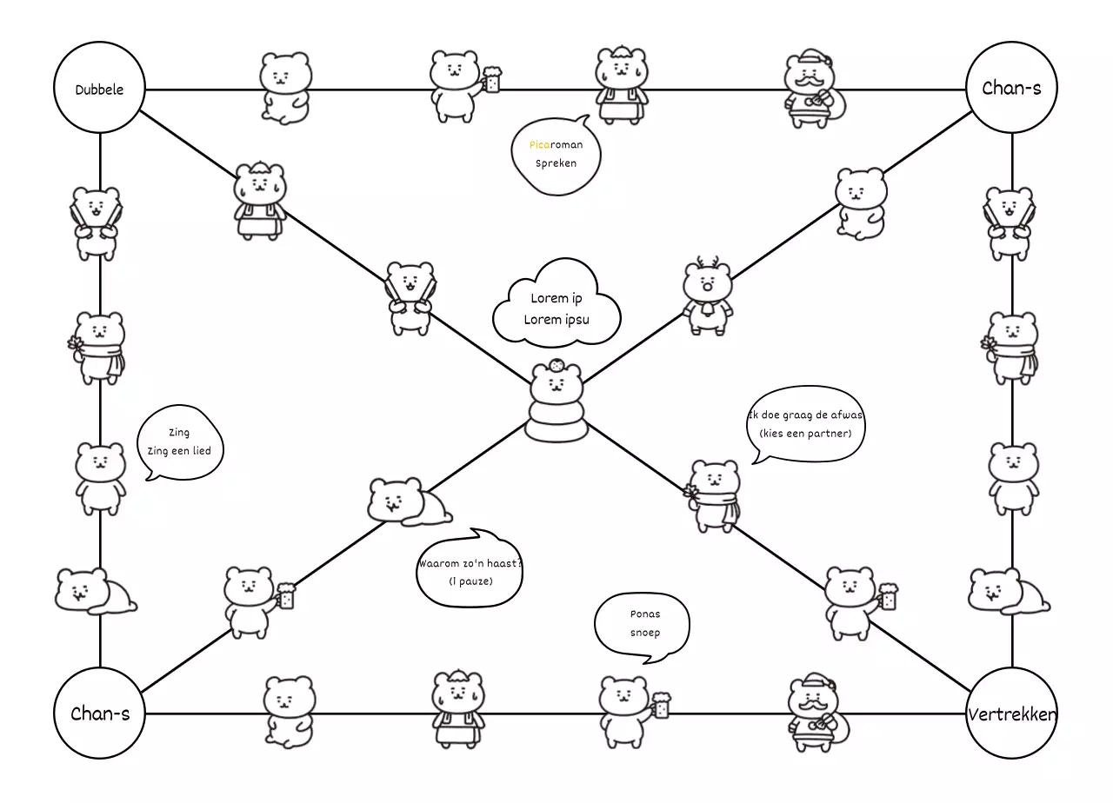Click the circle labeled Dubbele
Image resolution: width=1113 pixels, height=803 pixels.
100,89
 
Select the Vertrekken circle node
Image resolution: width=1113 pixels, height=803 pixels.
1011,714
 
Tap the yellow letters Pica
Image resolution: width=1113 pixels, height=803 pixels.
539,145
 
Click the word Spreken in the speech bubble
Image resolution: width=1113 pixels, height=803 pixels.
556,163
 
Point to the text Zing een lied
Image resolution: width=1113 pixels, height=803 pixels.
177,450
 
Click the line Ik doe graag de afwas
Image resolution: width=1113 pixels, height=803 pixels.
806,415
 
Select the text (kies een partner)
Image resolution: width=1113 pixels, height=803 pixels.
805,433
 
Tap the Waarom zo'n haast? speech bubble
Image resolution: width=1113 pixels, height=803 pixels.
470,569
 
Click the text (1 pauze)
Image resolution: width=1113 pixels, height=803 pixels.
470,581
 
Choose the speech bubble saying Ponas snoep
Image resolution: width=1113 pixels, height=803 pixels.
643,624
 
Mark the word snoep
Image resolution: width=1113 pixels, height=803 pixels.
645,633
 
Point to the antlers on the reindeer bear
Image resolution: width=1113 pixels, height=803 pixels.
707,263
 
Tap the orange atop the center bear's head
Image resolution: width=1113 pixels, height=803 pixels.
556,364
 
